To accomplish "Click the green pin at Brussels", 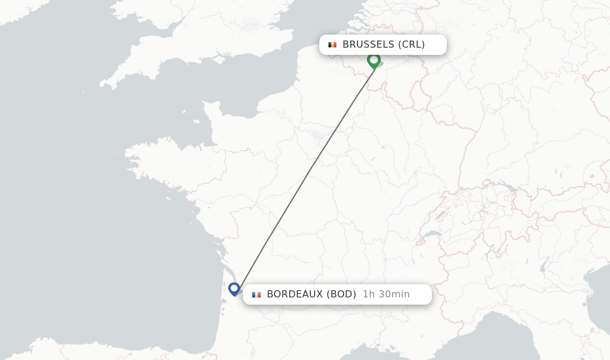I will pyautogui.click(x=374, y=60).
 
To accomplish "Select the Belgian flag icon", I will pyautogui.click(x=332, y=45).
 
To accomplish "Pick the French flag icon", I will pyautogui.click(x=256, y=294).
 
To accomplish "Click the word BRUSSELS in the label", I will pyautogui.click(x=368, y=44).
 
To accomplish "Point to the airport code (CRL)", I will pyautogui.click(x=412, y=44).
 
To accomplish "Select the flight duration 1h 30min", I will pyautogui.click(x=386, y=294).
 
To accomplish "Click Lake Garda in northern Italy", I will pyautogui.click(x=544, y=263).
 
